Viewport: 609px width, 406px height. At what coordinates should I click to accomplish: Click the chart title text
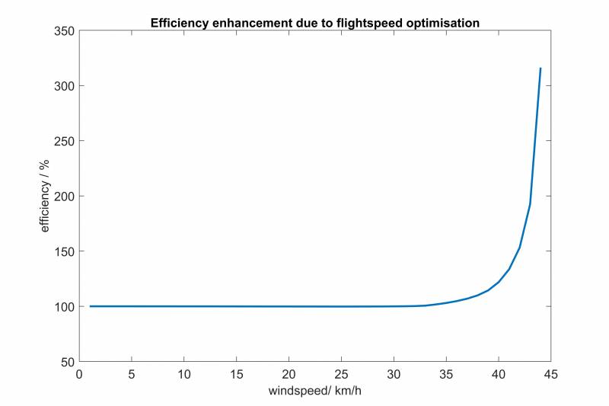tap(314, 22)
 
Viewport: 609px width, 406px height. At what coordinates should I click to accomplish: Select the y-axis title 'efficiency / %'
tap(45, 196)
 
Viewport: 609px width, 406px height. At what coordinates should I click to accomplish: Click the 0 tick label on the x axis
tap(79, 374)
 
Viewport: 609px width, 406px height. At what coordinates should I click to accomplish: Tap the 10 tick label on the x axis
tap(184, 374)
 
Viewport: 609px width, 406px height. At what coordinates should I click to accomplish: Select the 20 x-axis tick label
tap(289, 374)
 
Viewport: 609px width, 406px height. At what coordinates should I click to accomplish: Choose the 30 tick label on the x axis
tap(394, 374)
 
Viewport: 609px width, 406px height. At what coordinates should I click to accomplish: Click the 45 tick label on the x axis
tap(550, 374)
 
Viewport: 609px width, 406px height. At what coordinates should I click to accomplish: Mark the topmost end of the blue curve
tap(540, 68)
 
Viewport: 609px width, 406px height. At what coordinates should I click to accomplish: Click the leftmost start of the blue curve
tap(90, 306)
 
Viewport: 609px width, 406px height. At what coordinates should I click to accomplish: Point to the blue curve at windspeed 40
tap(499, 282)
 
